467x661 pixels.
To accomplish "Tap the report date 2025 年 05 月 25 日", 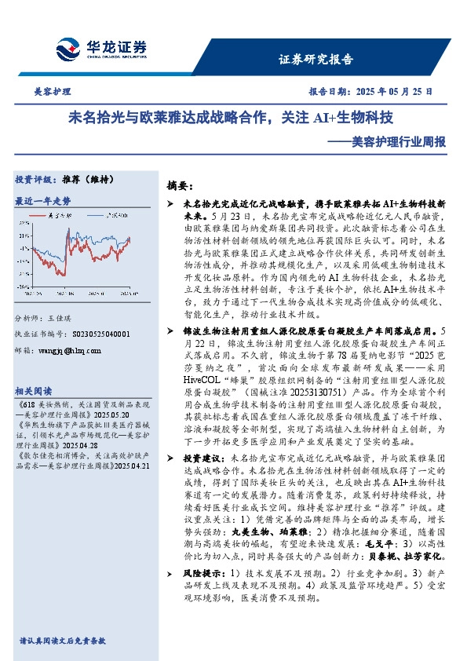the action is tap(389, 92).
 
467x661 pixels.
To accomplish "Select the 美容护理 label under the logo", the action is tap(53, 92).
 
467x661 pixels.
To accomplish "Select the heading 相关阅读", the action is tap(34, 391).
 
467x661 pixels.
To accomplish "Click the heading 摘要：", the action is tap(180, 186).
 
